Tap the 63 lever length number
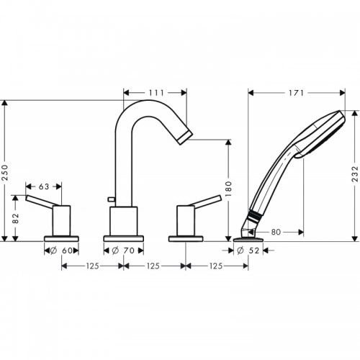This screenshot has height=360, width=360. click(44, 186)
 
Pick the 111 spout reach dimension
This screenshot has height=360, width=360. click(156, 92)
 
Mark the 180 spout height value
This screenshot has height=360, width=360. click(228, 189)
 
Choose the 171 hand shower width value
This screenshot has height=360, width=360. click(297, 92)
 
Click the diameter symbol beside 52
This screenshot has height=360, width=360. click(239, 251)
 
